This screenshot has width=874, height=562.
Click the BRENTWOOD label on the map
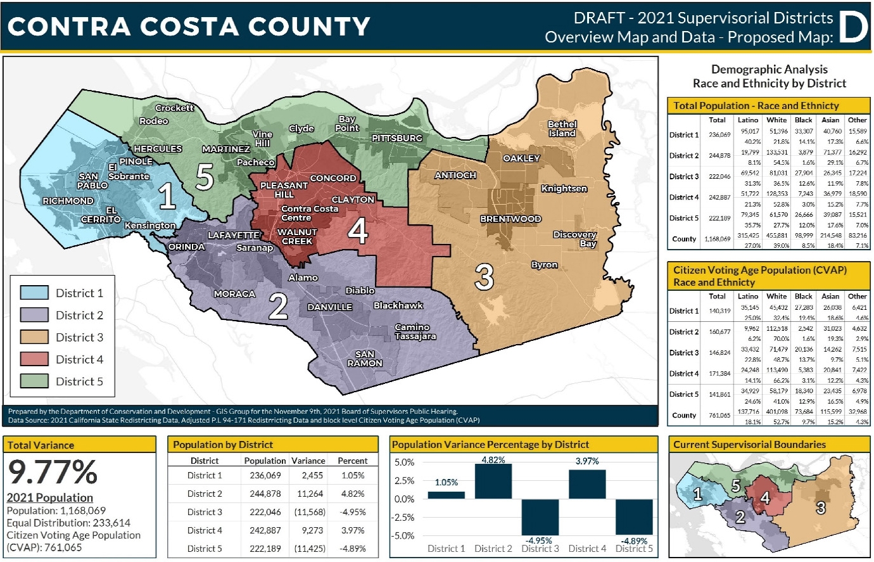point(510,219)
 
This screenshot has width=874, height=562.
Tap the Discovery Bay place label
point(575,239)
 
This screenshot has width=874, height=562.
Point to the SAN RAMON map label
point(365,359)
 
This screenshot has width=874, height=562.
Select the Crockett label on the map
point(175,108)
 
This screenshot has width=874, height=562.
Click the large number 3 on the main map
point(484,278)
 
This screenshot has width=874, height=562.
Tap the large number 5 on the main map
point(204,177)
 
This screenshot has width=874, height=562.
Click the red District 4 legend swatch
point(34,359)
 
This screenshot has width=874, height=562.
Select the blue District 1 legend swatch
point(34,293)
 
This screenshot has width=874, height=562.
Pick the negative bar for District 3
point(540,517)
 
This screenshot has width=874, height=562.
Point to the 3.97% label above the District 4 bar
point(587,461)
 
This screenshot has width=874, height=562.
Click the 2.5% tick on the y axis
point(404,481)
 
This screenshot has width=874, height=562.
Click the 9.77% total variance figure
point(53,472)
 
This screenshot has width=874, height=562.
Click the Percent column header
point(352,461)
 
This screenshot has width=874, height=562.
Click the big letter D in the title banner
point(852,27)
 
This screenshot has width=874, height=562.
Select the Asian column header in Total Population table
point(830,120)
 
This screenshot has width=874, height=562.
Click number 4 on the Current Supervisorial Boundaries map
point(765,498)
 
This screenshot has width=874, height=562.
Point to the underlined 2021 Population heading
point(50,497)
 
